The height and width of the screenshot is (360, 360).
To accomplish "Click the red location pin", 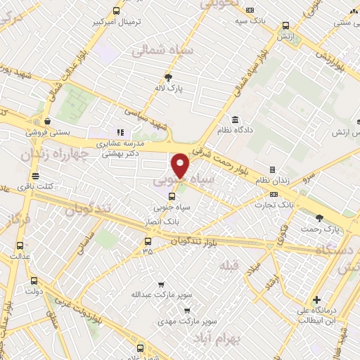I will (181, 165).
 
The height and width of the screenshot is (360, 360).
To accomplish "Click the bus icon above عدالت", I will (19, 246).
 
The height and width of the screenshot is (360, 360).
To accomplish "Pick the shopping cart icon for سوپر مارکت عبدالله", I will (162, 284).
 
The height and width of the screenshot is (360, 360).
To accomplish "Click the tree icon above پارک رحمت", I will (320, 218).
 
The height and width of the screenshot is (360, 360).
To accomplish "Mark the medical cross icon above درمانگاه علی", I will (316, 300).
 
